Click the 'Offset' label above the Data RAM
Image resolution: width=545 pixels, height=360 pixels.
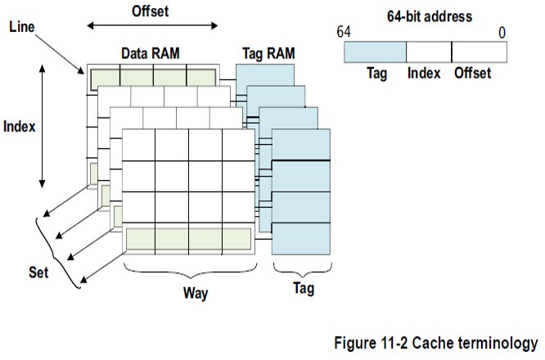pos(150,11)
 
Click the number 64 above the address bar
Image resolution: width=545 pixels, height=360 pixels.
pos(343,32)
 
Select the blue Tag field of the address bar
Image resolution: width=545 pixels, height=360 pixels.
pos(375,52)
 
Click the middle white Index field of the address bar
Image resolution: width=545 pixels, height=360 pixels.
pos(429,52)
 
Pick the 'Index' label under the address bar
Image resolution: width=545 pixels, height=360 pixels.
pos(425,73)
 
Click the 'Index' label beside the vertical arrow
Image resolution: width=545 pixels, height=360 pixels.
pos(20,127)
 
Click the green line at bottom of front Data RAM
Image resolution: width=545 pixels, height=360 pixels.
pos(188,238)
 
